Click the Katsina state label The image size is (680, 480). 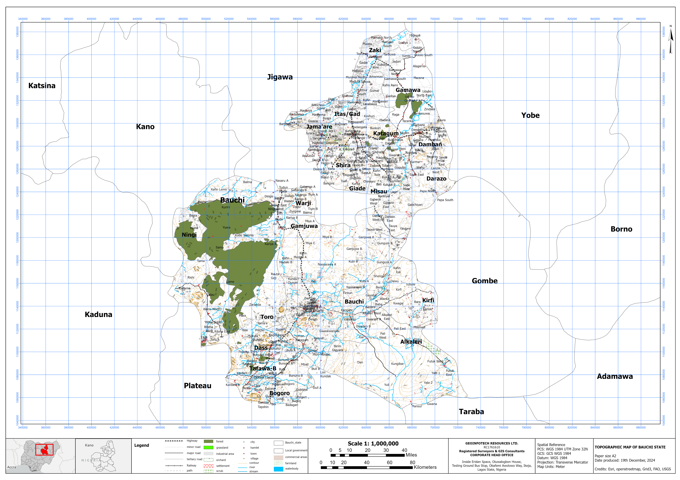coord(42,86)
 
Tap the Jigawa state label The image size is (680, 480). coord(280,77)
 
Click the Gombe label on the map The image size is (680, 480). coord(485,281)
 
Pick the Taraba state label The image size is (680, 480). coord(471,412)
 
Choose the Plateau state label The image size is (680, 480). coord(198,386)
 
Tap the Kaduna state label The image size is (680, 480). coord(98,315)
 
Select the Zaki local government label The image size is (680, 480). coord(375,50)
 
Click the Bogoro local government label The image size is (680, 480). coord(280,393)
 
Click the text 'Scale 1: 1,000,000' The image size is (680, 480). coord(373,444)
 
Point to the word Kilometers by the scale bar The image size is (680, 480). coord(425,467)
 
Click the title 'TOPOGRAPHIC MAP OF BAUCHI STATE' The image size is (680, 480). coord(630,447)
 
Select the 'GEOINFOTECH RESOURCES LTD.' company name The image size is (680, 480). coord(492,443)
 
